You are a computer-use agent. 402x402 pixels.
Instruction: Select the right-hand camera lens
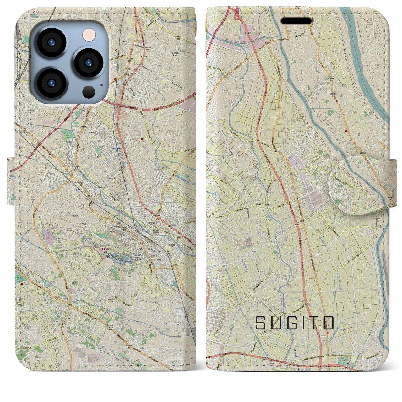(89, 62)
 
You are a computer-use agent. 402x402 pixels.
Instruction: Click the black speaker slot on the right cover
(296, 21)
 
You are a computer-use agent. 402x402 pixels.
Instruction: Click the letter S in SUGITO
(260, 323)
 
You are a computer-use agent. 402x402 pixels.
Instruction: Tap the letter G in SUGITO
(292, 323)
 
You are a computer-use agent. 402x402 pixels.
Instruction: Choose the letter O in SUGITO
(328, 323)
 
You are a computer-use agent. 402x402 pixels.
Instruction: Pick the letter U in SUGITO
(276, 323)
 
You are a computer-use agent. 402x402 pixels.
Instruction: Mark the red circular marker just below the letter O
(328, 333)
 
